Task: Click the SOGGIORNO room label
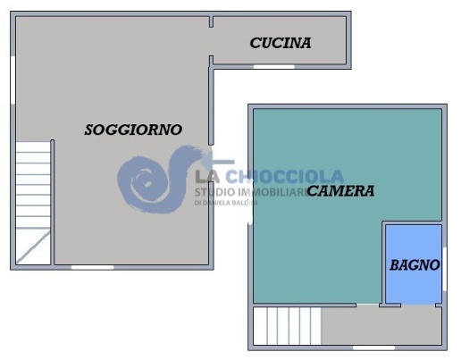tap(133, 130)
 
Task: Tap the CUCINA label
tap(281, 43)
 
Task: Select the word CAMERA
tap(340, 191)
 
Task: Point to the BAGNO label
tap(415, 265)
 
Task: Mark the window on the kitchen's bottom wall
tap(273, 66)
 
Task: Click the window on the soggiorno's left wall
tap(13, 80)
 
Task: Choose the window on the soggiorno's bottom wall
tap(92, 266)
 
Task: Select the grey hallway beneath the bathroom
tap(381, 326)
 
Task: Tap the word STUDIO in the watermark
tap(215, 192)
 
